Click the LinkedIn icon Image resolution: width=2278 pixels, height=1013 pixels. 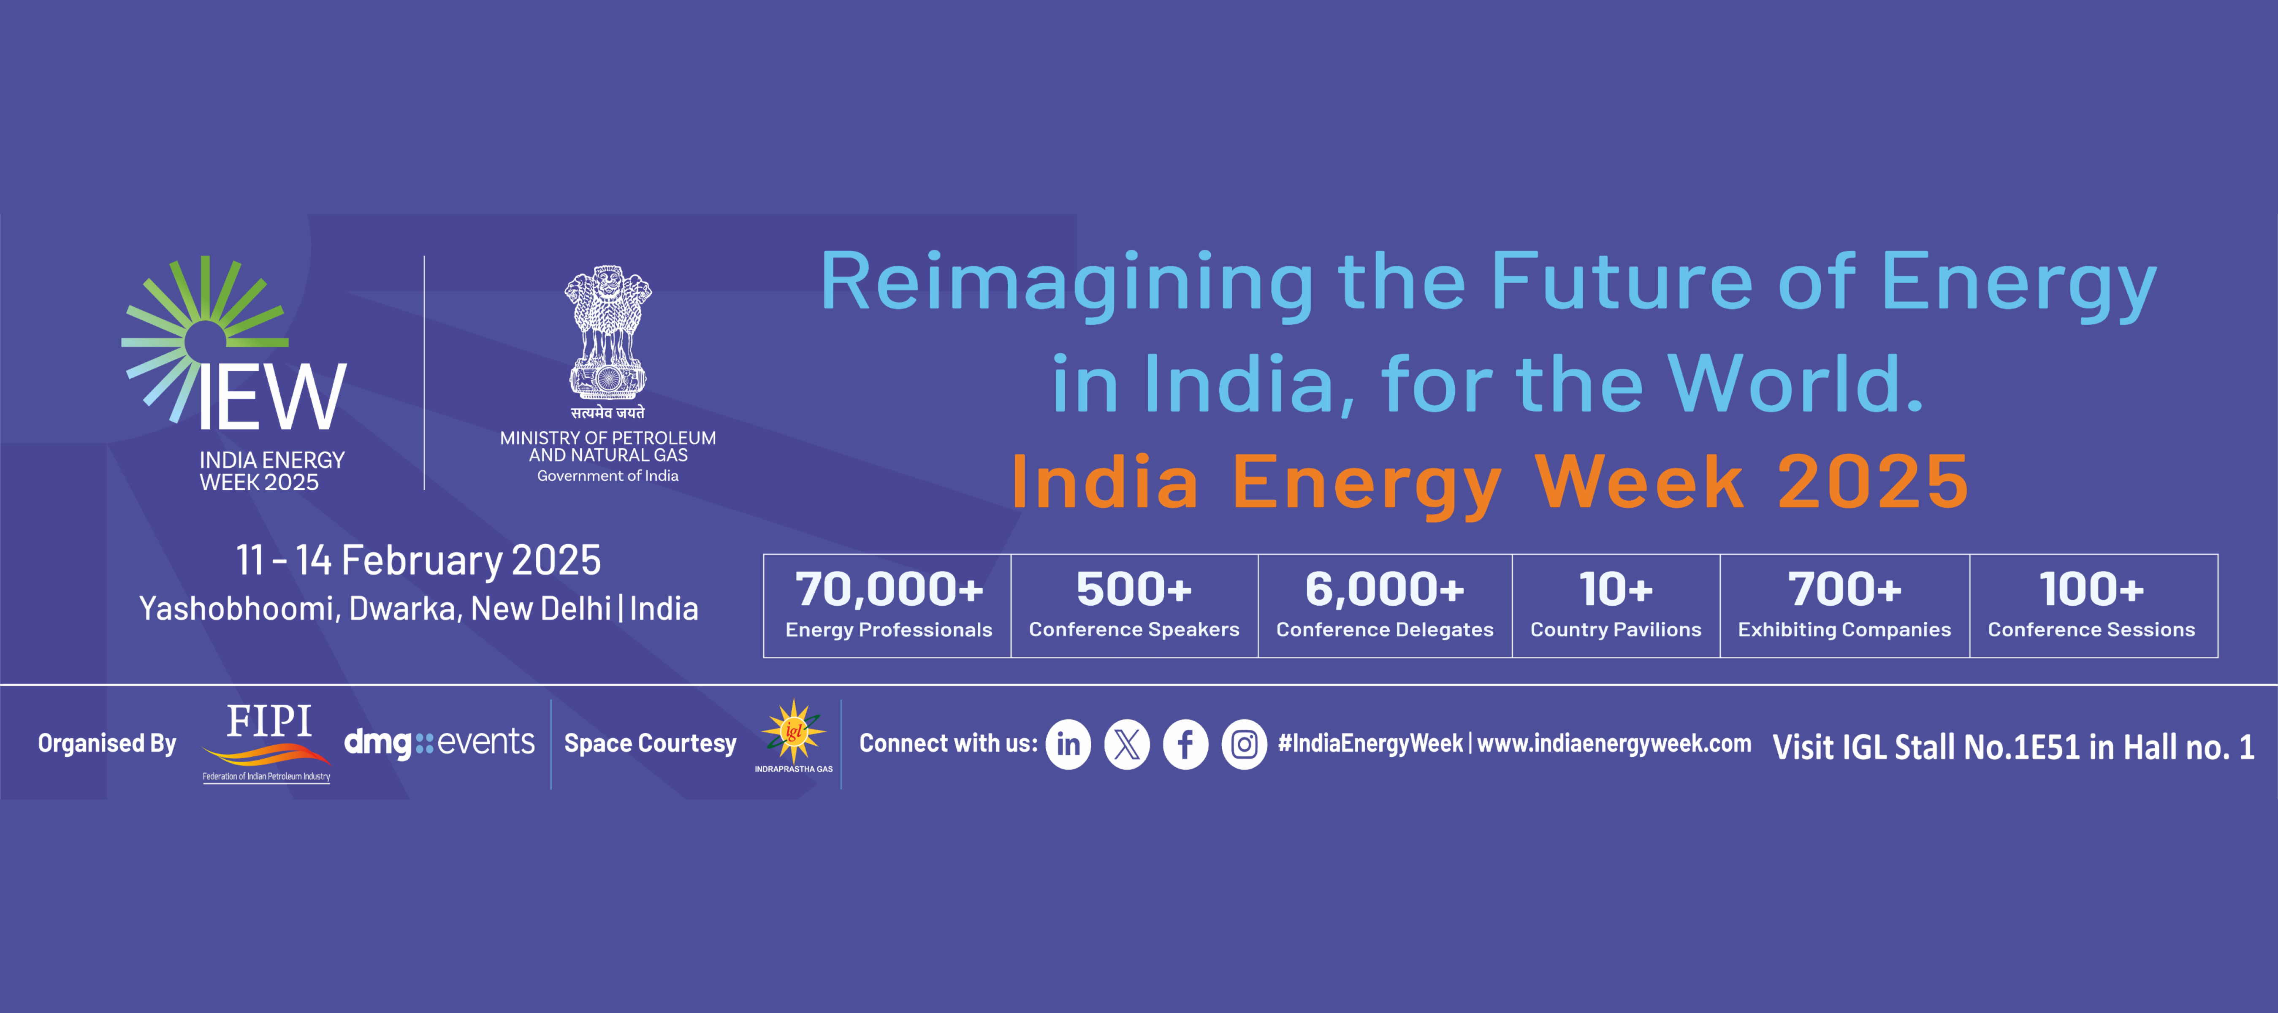(1068, 744)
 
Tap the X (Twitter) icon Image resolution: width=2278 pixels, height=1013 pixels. (1127, 744)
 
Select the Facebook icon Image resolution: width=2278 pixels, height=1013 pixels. (1185, 744)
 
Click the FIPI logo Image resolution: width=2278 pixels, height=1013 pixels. (267, 741)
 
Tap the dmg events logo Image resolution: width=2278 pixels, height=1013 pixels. (439, 742)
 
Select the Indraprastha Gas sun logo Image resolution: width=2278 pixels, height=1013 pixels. (793, 732)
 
